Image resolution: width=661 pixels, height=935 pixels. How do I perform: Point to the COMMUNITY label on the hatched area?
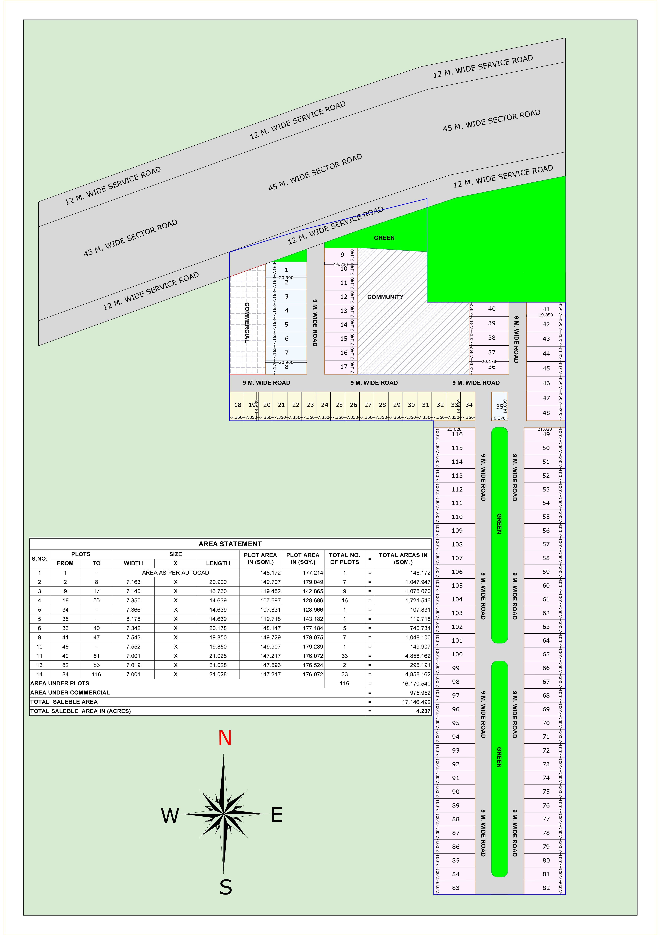[x=385, y=297]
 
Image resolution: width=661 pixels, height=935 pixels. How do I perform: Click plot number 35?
[x=499, y=406]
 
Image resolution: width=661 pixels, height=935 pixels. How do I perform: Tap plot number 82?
[x=546, y=888]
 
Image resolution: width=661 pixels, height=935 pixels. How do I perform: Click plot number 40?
[x=491, y=309]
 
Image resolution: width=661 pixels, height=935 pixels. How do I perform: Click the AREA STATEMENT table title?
[x=230, y=544]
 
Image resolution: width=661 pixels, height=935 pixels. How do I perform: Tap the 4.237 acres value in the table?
[x=423, y=711]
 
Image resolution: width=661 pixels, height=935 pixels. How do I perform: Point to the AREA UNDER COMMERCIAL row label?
[x=70, y=692]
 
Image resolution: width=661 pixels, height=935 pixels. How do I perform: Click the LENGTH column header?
[x=218, y=563]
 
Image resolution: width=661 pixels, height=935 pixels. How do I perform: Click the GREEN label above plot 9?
[x=384, y=238]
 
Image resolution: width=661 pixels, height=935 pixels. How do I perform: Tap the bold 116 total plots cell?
[x=344, y=683]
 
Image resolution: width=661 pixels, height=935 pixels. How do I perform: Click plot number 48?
[x=546, y=413]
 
